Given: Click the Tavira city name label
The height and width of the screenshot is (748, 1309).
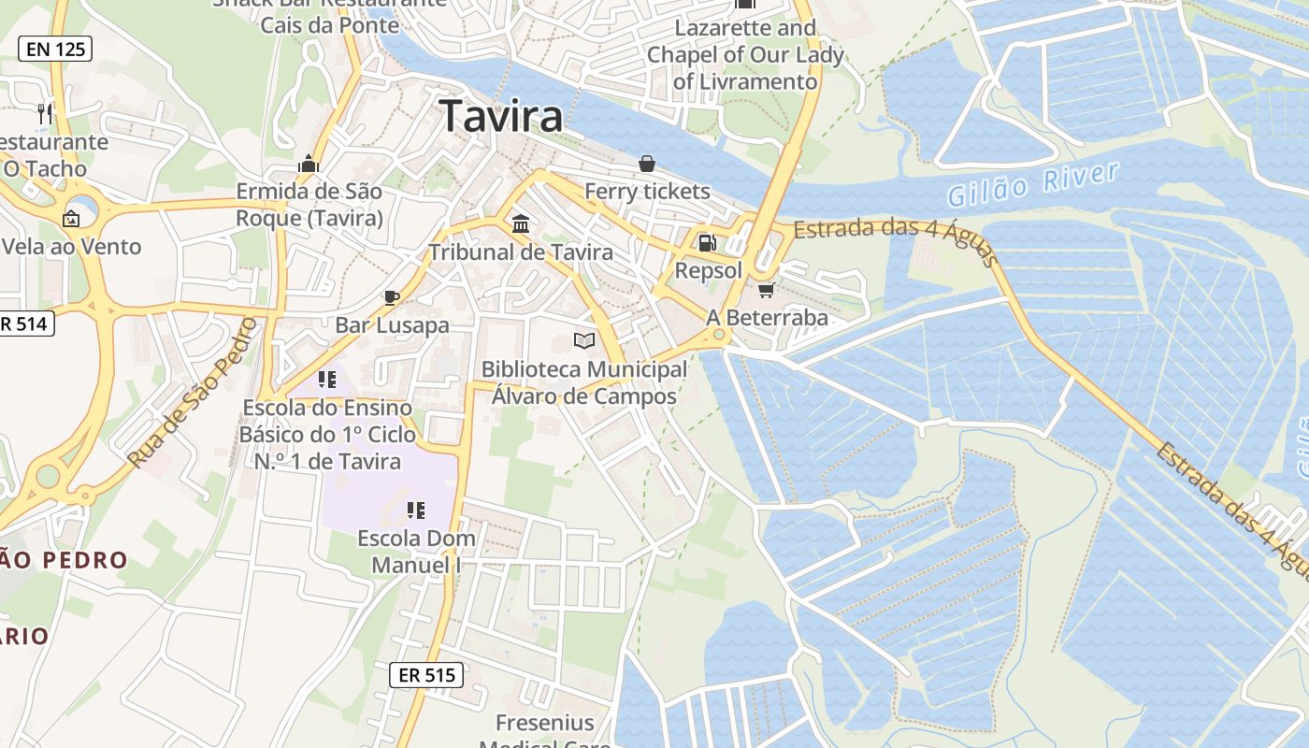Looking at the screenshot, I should coord(501,116).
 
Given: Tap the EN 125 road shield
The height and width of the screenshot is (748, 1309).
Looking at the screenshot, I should coord(55,50).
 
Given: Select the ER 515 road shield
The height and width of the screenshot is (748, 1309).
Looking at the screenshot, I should coord(425,674).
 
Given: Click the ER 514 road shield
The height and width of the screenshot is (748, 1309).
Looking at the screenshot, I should coord(25,324).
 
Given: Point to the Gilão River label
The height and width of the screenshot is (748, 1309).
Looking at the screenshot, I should coord(1032,184).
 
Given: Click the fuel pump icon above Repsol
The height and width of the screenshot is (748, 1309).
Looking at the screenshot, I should coord(708,243).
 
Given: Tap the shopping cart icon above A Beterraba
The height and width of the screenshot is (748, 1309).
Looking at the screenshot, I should coord(767,291).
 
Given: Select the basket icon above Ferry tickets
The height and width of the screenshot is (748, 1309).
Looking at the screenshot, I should coord(646,164).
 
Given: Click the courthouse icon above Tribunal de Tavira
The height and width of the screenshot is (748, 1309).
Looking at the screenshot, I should coord(521,224).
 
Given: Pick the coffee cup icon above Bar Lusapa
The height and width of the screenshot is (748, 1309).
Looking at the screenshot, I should coord(392,297).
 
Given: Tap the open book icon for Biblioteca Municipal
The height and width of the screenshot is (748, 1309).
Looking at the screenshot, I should coord(584,341).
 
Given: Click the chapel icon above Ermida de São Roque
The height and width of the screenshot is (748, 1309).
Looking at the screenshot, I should coord(309,165).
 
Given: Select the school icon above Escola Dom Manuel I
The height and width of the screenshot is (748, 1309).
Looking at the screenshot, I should coord(416,511).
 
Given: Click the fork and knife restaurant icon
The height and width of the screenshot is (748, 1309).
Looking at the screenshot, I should coord(45,114).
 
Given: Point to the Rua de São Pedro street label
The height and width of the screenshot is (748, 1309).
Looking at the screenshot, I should coord(193,393).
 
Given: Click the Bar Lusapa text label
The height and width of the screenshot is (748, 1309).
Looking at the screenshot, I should coord(393,325).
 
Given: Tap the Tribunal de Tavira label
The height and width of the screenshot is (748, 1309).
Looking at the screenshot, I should coord(521,252).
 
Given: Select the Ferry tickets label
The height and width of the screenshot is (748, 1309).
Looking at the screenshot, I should coord(647,192).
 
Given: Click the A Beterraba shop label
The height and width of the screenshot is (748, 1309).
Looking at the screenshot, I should coord(767,318).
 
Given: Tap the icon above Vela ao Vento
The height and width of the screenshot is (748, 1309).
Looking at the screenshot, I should coord(70,219).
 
